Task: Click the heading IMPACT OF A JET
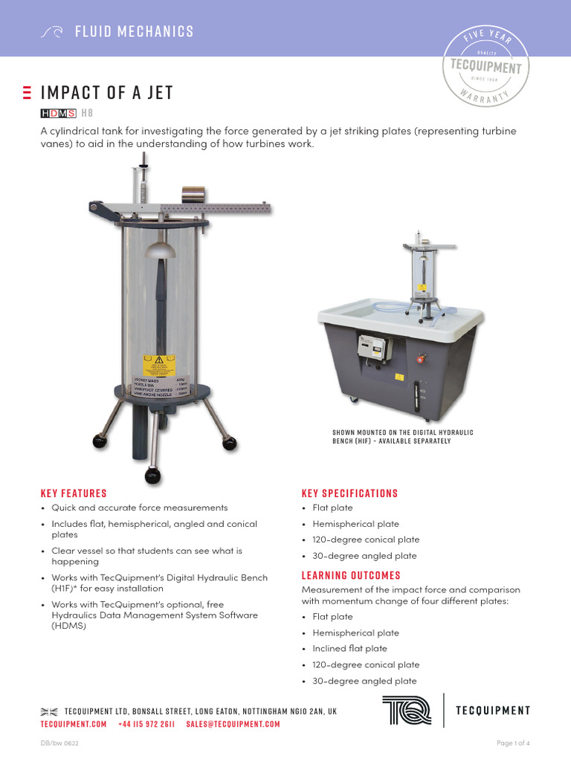107,93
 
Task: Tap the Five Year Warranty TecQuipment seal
486,66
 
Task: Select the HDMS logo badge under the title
57,113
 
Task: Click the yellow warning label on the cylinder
158,366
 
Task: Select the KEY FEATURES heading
74,493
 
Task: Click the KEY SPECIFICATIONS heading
349,493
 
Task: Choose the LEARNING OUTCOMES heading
351,575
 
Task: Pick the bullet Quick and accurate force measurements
139,508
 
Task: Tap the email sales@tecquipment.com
233,724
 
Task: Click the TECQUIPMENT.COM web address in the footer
74,724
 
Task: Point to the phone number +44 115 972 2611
146,724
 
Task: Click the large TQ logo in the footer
407,710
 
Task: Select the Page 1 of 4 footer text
513,743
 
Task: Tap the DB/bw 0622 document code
59,743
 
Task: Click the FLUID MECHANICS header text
134,31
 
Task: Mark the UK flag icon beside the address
49,711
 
